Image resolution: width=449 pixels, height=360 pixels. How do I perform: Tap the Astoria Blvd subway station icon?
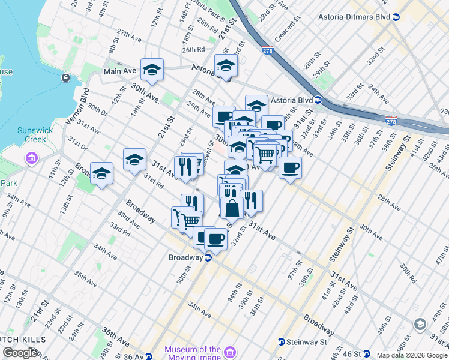pyautogui.click(x=318, y=100)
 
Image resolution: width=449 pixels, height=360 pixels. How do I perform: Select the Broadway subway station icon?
pyautogui.click(x=208, y=257)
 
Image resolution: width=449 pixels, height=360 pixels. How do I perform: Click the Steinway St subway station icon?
pyautogui.click(x=280, y=342)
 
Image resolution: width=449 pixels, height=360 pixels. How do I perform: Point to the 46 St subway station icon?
pyautogui.click(x=366, y=355)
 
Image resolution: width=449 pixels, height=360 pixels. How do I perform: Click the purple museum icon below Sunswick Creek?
pyautogui.click(x=31, y=158)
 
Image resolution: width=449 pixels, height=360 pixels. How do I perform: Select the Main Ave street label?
pyautogui.click(x=120, y=71)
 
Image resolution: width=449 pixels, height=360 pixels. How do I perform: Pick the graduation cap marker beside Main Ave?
pyautogui.click(x=152, y=70)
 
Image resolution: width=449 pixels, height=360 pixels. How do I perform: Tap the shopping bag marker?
pyautogui.click(x=232, y=208)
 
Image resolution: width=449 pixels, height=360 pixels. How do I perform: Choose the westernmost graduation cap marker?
pyautogui.click(x=101, y=173)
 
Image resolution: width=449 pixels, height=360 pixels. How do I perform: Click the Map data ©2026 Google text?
pyautogui.click(x=412, y=355)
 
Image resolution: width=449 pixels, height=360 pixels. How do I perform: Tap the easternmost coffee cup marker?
pyautogui.click(x=290, y=167)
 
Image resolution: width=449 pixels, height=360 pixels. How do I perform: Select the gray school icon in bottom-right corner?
pyautogui.click(x=420, y=325)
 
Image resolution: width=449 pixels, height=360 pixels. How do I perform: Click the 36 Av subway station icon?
pyautogui.click(x=149, y=356)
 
